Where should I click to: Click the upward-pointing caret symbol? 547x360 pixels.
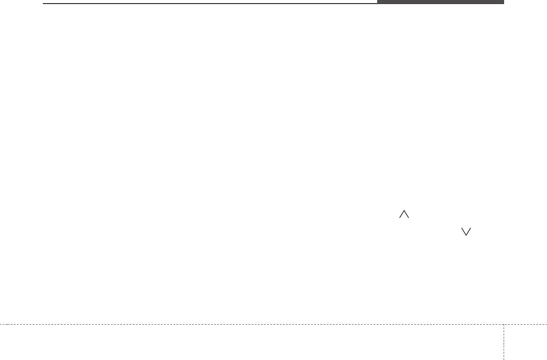pos(404,215)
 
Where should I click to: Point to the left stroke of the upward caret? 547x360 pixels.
pos(402,215)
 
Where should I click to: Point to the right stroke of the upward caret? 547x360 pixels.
pos(406,215)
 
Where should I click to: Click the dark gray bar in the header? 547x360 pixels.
pos(440,2)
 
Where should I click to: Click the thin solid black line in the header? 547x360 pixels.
pos(210,4)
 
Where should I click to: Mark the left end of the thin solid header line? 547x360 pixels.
pos(44,4)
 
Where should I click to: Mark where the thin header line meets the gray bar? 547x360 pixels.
pos(377,4)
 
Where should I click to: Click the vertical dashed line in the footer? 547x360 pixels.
pos(504,342)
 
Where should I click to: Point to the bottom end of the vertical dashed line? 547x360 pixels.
pos(504,359)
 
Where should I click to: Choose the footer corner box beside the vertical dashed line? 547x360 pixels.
pos(526,342)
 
